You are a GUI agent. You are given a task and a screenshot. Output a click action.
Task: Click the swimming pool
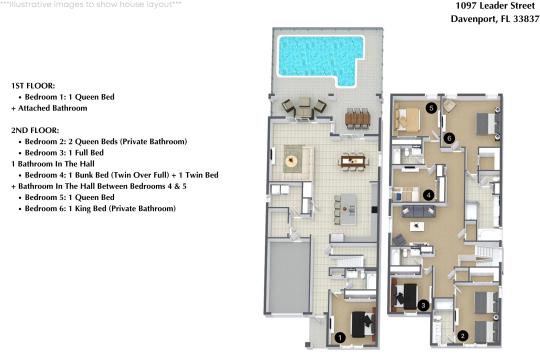coord(320,57)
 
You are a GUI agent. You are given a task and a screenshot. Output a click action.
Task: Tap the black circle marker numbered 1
coord(340,338)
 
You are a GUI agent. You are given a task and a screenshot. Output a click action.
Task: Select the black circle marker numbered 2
coord(463,336)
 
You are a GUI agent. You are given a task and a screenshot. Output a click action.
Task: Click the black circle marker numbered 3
coord(423,305)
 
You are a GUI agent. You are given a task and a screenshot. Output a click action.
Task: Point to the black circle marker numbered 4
coord(428,195)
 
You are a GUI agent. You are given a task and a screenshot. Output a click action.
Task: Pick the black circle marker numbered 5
coord(431,108)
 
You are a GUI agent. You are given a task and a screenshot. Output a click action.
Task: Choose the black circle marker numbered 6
coord(449,138)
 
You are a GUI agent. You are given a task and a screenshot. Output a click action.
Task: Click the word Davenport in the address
coord(474,19)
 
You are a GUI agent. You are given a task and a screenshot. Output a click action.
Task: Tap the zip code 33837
coord(526,19)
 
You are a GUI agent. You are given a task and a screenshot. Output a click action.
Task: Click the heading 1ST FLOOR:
coord(33,86)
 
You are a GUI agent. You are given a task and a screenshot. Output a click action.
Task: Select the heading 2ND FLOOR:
coord(35,130)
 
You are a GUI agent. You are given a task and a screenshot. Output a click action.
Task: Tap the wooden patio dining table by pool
coord(357,119)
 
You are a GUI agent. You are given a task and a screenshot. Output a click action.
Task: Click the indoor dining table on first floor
coord(353,161)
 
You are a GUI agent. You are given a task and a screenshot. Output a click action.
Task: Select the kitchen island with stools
coord(347,209)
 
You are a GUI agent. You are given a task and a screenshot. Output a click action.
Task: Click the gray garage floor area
coord(289,277)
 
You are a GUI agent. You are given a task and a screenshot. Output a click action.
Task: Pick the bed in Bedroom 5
coord(407,121)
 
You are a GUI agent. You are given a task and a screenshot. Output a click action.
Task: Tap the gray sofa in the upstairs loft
coord(418,211)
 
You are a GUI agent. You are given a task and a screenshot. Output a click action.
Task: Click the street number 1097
coord(466,6)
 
